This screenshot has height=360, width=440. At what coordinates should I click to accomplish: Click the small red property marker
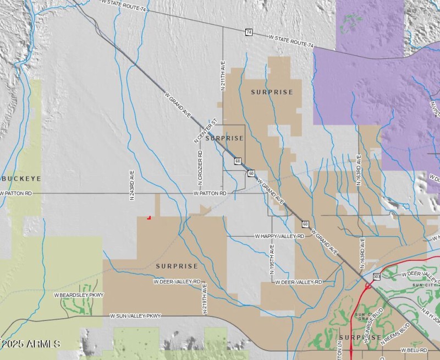click(x=149, y=217)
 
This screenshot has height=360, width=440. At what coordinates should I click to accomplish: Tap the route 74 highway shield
click(x=249, y=32)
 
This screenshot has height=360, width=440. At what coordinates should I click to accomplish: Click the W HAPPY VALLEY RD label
click(x=279, y=236)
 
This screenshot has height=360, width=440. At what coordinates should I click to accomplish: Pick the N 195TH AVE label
click(x=272, y=261)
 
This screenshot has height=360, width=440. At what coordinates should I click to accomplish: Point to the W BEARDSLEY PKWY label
click(x=79, y=295)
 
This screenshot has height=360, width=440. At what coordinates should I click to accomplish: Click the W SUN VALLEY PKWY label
click(x=135, y=316)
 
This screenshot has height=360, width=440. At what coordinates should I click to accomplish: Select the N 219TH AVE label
click(x=204, y=298)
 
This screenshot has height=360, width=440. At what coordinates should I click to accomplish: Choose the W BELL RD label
click(x=415, y=350)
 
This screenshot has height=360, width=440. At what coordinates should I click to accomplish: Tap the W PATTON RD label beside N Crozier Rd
click(x=210, y=194)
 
